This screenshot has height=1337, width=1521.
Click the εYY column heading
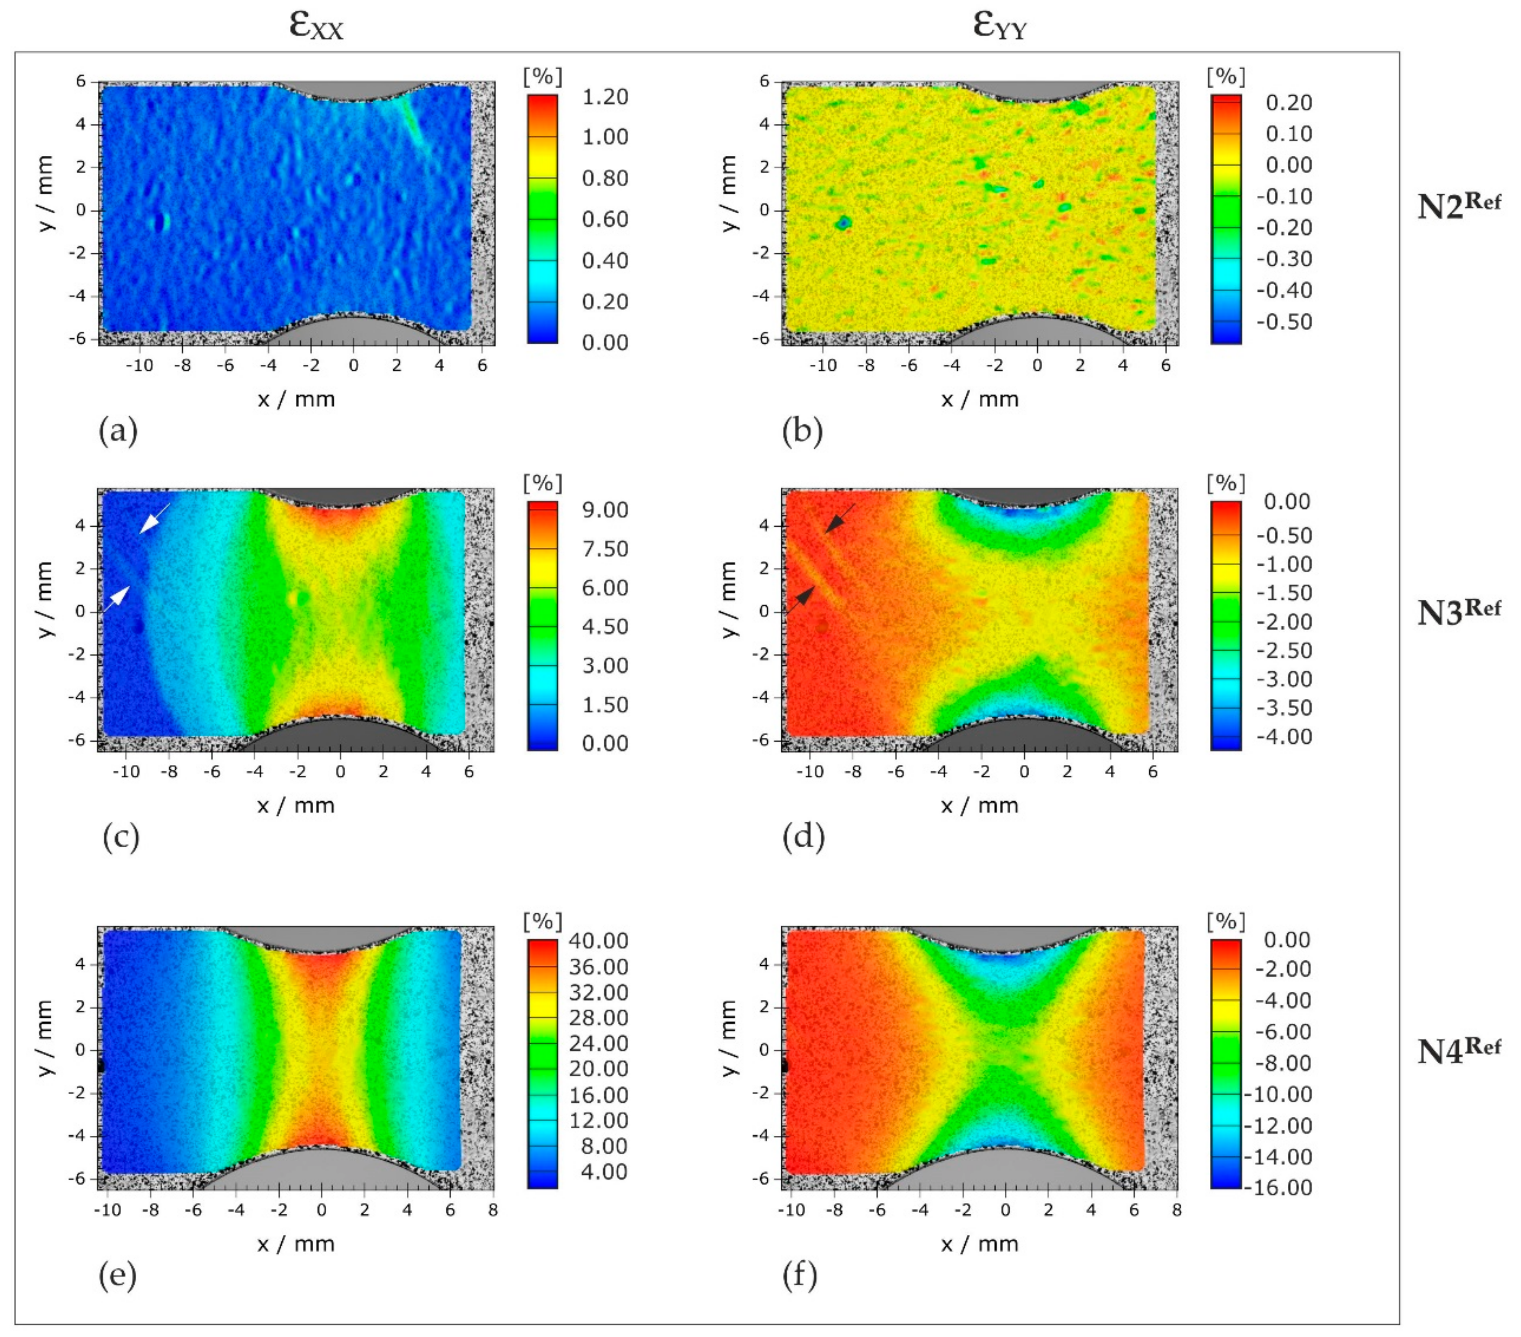pos(1000,25)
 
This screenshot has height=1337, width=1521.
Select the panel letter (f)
pos(800,1275)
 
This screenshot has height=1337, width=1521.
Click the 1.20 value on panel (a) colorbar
pos(604,97)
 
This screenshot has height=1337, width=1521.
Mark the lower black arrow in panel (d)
pos(802,599)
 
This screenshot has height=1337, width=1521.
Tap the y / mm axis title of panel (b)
pos(729,193)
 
